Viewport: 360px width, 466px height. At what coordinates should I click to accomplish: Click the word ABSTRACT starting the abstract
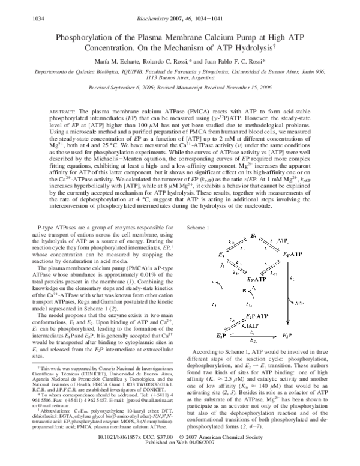(61, 112)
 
